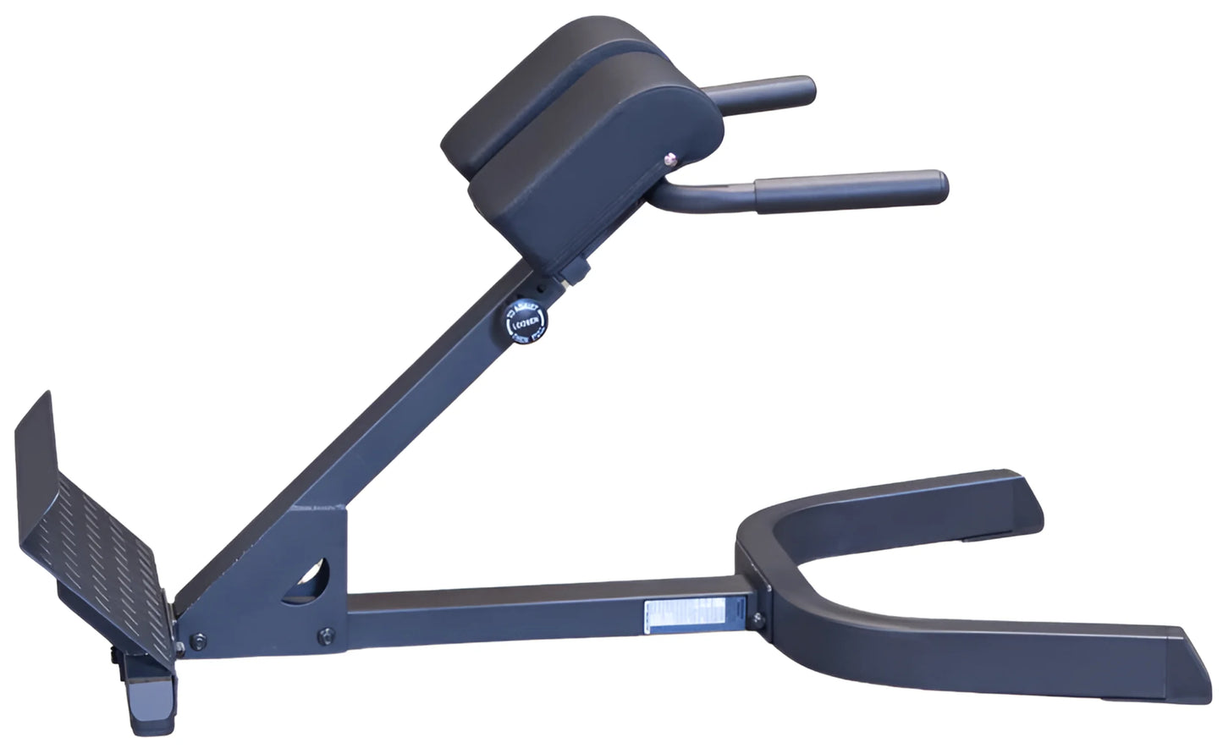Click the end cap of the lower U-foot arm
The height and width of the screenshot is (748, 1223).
click(1180, 656)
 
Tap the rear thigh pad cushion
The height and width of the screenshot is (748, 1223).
click(525, 76)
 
